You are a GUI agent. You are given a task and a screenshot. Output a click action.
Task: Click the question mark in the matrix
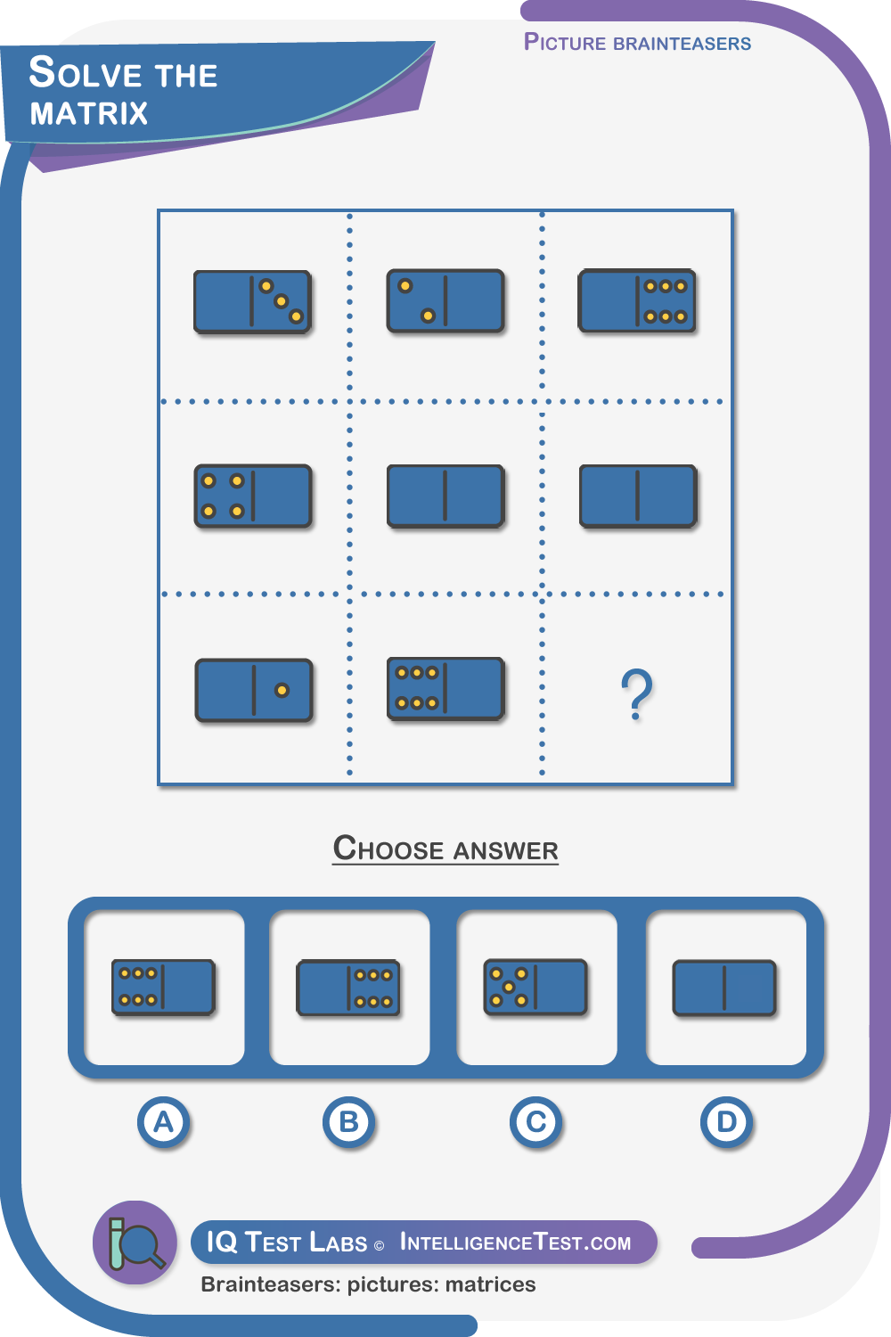pos(637,693)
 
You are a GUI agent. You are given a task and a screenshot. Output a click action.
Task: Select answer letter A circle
pos(164,1123)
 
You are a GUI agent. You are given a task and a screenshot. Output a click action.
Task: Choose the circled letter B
pos(349,1123)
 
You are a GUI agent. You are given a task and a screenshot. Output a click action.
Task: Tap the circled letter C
pos(535,1123)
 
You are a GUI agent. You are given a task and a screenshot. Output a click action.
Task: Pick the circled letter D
pos(726,1123)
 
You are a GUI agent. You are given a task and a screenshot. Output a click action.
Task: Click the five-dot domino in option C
pos(535,988)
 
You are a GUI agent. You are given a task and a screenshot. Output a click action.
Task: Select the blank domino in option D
pos(724,988)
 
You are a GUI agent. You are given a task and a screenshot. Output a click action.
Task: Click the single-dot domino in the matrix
pos(254,691)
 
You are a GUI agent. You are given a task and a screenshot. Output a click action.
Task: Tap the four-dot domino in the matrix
pos(253,496)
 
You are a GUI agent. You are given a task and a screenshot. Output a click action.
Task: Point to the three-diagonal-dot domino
pos(252,302)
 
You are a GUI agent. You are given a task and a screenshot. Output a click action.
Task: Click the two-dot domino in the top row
pos(445,301)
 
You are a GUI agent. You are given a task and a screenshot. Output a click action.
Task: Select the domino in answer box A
pos(164,988)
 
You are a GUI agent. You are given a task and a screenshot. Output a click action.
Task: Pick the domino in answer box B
pos(348,988)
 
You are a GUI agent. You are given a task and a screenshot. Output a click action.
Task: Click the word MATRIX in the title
pos(89,113)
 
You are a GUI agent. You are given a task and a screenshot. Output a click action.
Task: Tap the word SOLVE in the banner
pos(86,72)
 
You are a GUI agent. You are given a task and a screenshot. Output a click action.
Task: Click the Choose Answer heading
pos(445,849)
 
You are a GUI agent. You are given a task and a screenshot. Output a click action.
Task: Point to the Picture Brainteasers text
pos(637,43)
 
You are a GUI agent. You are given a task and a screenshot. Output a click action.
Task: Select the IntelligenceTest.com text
pos(515,1243)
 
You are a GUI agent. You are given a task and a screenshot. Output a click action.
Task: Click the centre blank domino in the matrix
pos(445,496)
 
